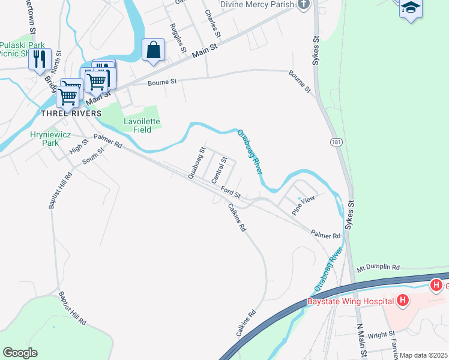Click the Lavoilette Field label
coord(142,125)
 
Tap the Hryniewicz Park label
coord(45,139)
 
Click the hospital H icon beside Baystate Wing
coord(403,300)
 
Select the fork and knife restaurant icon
coord(40,59)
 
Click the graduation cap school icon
coord(411,8)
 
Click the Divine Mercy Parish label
coord(257,4)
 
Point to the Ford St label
coord(230,193)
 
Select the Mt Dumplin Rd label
coord(378,266)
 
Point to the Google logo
coord(20,353)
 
